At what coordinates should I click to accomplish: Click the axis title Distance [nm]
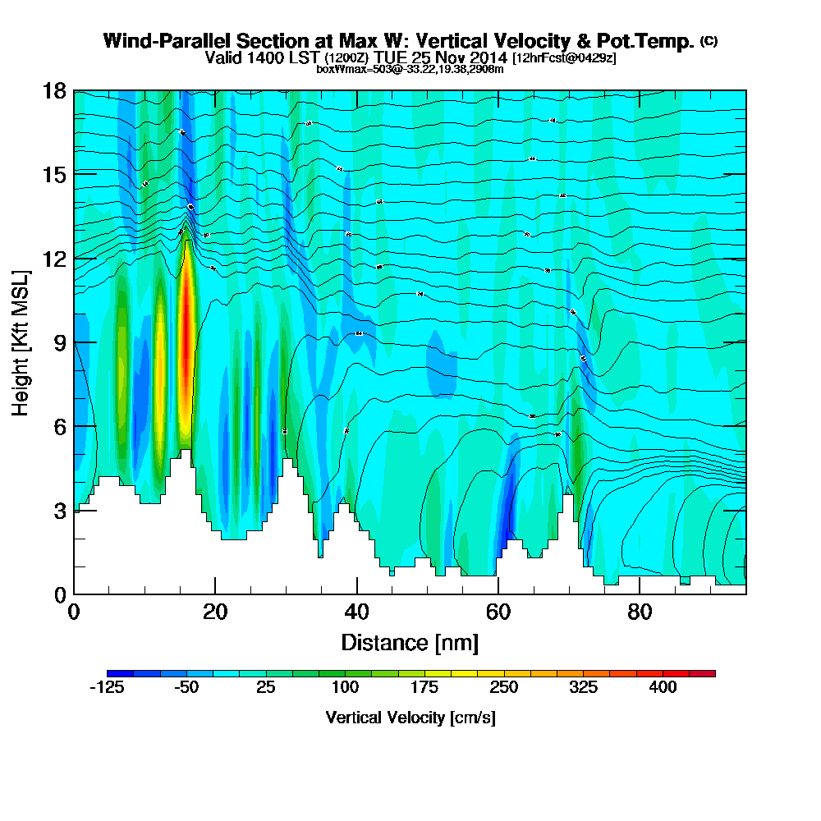(410, 641)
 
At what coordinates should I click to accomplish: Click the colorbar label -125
(106, 688)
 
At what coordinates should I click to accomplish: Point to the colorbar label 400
(663, 688)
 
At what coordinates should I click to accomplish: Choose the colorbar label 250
(504, 688)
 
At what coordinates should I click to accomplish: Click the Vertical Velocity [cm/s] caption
(410, 718)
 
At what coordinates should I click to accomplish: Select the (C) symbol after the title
(709, 41)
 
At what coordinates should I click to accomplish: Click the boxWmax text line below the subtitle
(410, 69)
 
